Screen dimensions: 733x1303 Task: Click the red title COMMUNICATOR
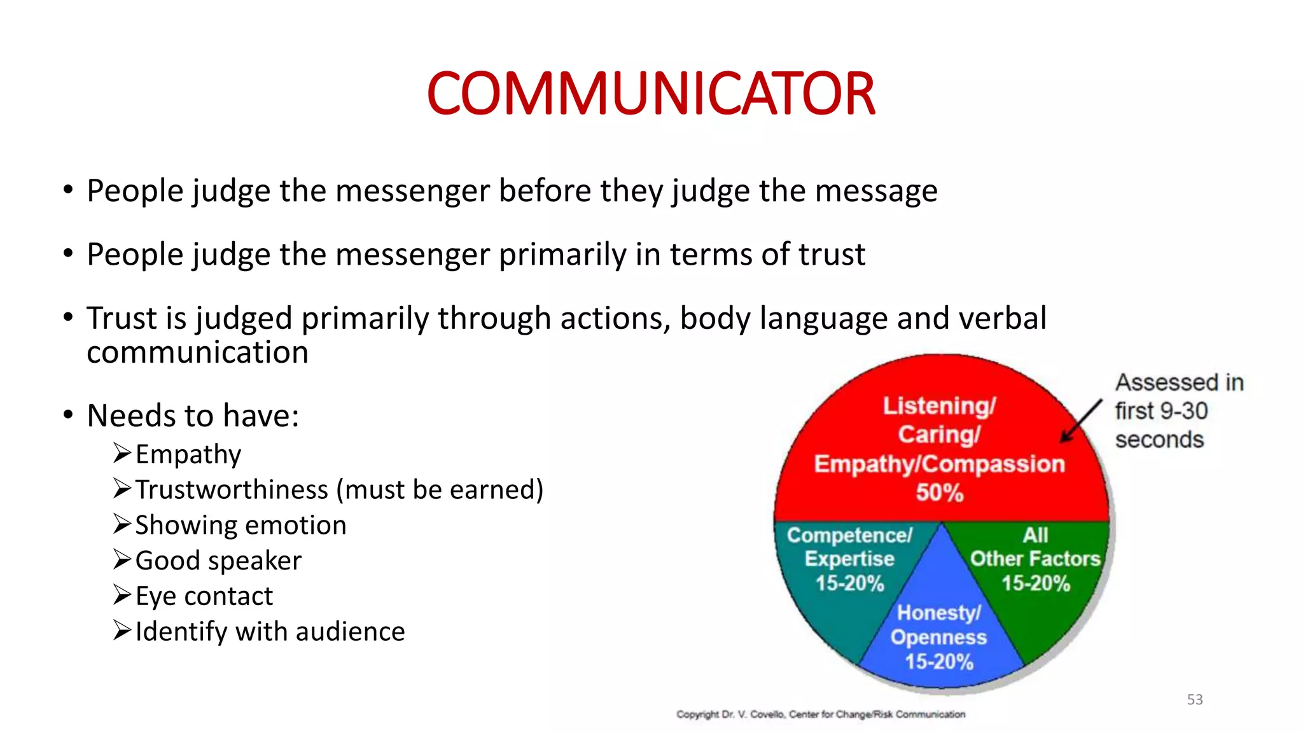[651, 94]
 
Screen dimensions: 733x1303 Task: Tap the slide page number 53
[1195, 699]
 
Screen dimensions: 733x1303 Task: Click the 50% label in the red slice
[940, 492]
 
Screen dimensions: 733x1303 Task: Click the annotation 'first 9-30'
[1161, 411]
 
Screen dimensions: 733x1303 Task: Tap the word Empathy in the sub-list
[188, 454]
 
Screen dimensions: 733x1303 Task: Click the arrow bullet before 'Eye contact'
[122, 595]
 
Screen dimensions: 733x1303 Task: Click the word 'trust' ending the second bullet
[832, 255]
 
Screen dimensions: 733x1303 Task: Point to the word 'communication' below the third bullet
[197, 353]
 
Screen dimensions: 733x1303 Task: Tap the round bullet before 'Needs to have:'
[68, 415]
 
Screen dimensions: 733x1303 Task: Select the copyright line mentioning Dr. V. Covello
[821, 715]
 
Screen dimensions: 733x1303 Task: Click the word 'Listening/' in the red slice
[939, 406]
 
